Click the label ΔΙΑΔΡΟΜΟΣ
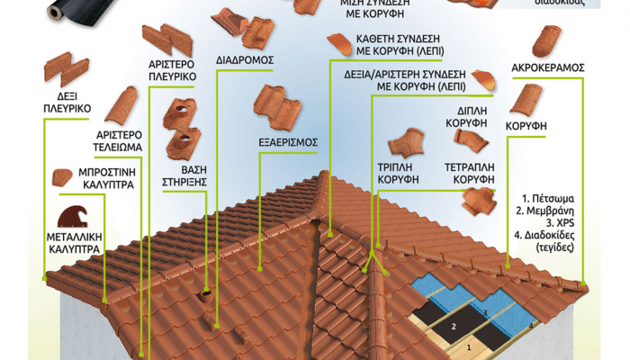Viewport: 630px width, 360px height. pos(244,61)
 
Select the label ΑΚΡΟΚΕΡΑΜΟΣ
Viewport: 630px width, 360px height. pos(548,67)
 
